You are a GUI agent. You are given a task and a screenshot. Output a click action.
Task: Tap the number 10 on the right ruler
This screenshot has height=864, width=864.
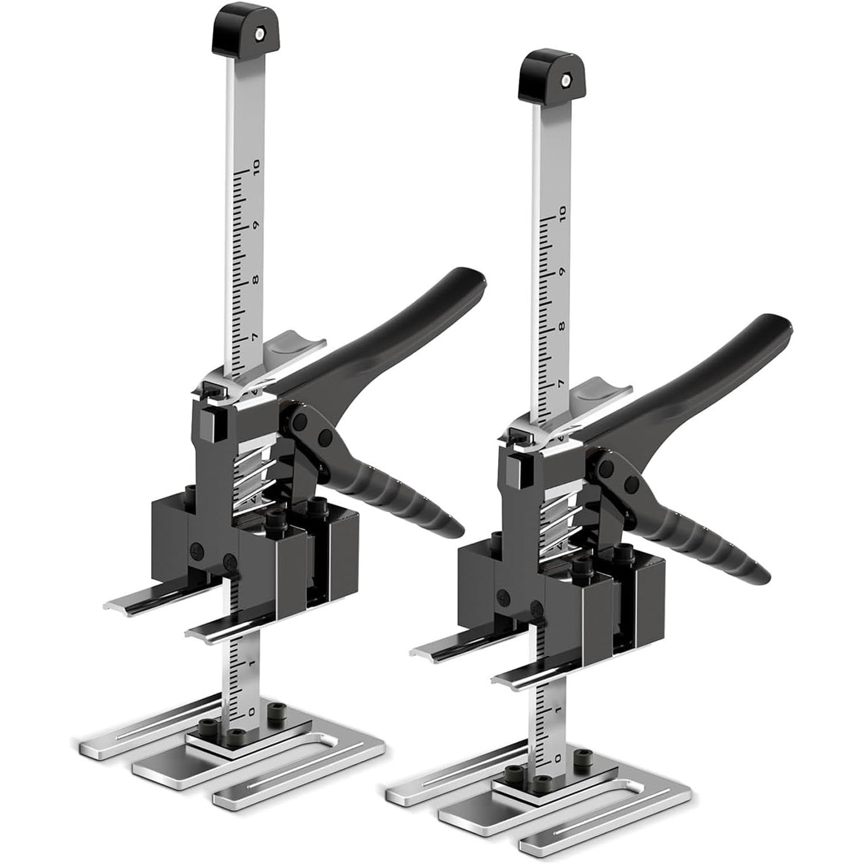click(x=561, y=216)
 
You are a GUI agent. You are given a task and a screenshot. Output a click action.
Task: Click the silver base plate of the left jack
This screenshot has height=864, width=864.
click(x=232, y=768)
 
